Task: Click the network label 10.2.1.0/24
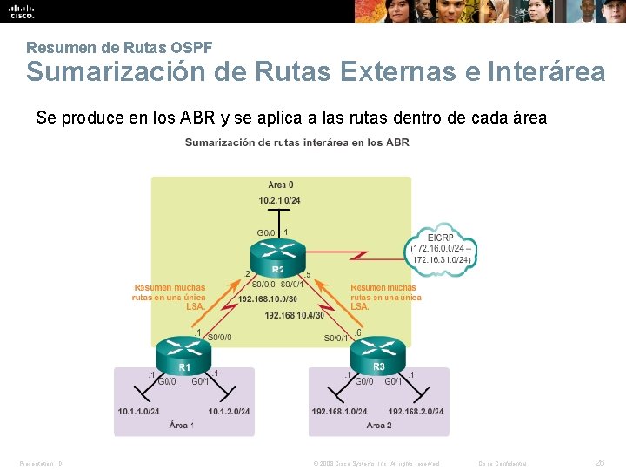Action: [x=279, y=201]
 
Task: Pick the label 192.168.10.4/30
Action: [x=294, y=314]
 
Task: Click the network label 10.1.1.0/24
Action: [x=139, y=411]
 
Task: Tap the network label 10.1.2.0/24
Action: [x=229, y=411]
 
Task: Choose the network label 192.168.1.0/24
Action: [x=339, y=411]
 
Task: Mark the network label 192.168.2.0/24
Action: [x=416, y=411]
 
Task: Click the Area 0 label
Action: [x=280, y=185]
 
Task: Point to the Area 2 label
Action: [x=379, y=426]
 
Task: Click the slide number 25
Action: [x=598, y=462]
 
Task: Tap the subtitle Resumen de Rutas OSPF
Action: [x=119, y=46]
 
